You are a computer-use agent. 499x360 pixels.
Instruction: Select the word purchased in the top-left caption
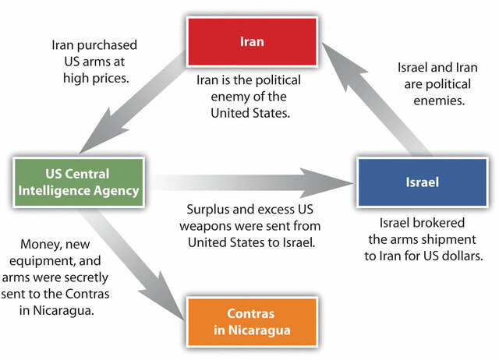109,44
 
